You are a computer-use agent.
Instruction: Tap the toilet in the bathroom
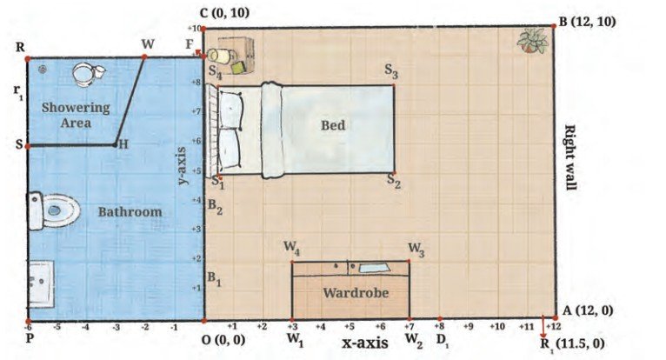(x=53, y=210)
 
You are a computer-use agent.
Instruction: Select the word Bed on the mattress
(x=333, y=125)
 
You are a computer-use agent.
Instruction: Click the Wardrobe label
(x=356, y=293)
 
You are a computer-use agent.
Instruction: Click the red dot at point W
(x=144, y=57)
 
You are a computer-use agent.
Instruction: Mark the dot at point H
(x=115, y=145)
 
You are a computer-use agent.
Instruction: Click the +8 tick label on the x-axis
(x=439, y=326)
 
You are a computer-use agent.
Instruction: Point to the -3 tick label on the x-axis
(x=116, y=328)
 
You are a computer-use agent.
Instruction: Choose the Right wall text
(x=569, y=157)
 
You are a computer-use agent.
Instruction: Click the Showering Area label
(x=76, y=115)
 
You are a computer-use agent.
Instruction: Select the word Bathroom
(x=130, y=211)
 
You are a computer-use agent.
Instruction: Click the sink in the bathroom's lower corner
(x=41, y=283)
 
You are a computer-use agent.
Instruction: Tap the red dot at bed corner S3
(x=394, y=85)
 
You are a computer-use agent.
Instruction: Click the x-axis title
(x=365, y=343)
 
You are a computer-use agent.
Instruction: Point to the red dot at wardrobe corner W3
(x=409, y=261)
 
